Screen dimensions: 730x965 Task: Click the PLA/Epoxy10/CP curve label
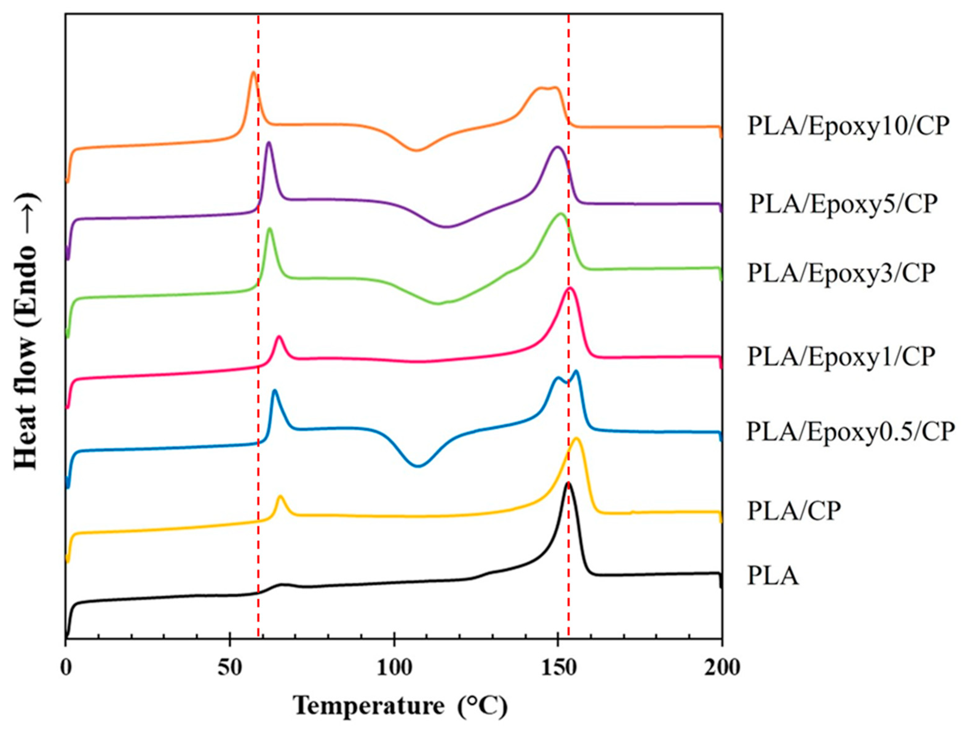click(x=848, y=126)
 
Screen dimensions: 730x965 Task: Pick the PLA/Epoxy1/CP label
click(x=841, y=356)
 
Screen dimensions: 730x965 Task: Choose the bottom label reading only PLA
click(x=773, y=576)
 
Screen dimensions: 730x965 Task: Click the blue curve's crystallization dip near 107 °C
click(x=418, y=466)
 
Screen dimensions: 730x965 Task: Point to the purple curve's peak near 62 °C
click(x=269, y=143)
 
